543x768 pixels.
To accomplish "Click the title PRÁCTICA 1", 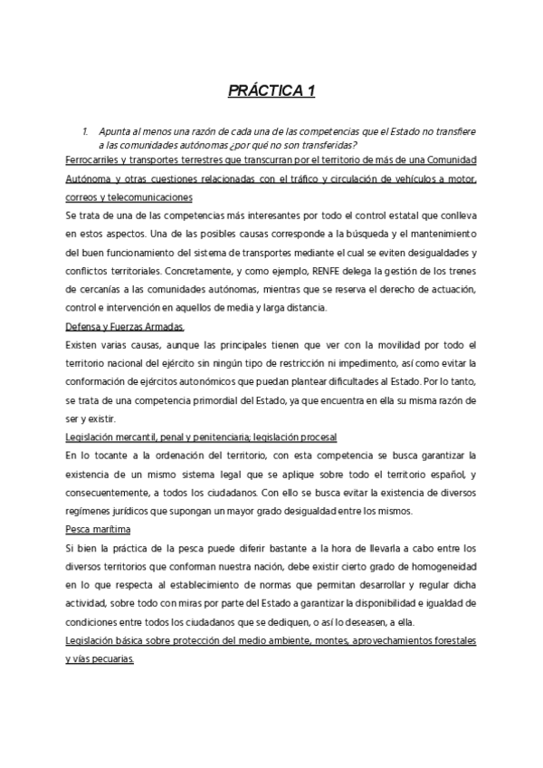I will (x=271, y=91).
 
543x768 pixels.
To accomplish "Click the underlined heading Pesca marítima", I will (x=98, y=529).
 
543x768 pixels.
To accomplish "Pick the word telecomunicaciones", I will (x=154, y=197).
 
